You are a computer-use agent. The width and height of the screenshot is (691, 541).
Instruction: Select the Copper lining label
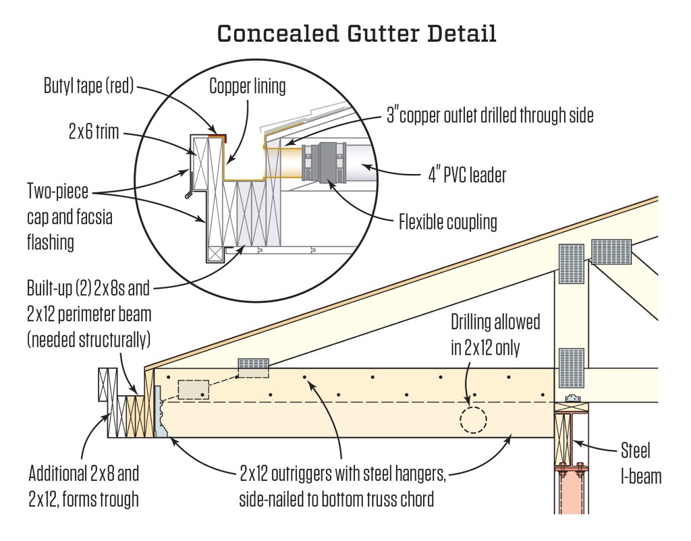(x=248, y=86)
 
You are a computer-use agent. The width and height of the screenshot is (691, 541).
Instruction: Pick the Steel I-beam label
(x=640, y=463)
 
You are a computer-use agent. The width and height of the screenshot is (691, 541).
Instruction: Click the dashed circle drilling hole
(x=472, y=420)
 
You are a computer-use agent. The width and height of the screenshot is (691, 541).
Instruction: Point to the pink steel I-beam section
(x=571, y=492)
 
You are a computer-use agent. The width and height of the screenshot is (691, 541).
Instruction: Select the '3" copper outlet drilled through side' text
(x=490, y=115)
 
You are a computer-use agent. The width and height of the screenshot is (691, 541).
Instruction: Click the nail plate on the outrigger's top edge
(x=253, y=368)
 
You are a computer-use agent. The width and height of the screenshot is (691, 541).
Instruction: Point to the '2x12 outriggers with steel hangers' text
(x=342, y=474)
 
